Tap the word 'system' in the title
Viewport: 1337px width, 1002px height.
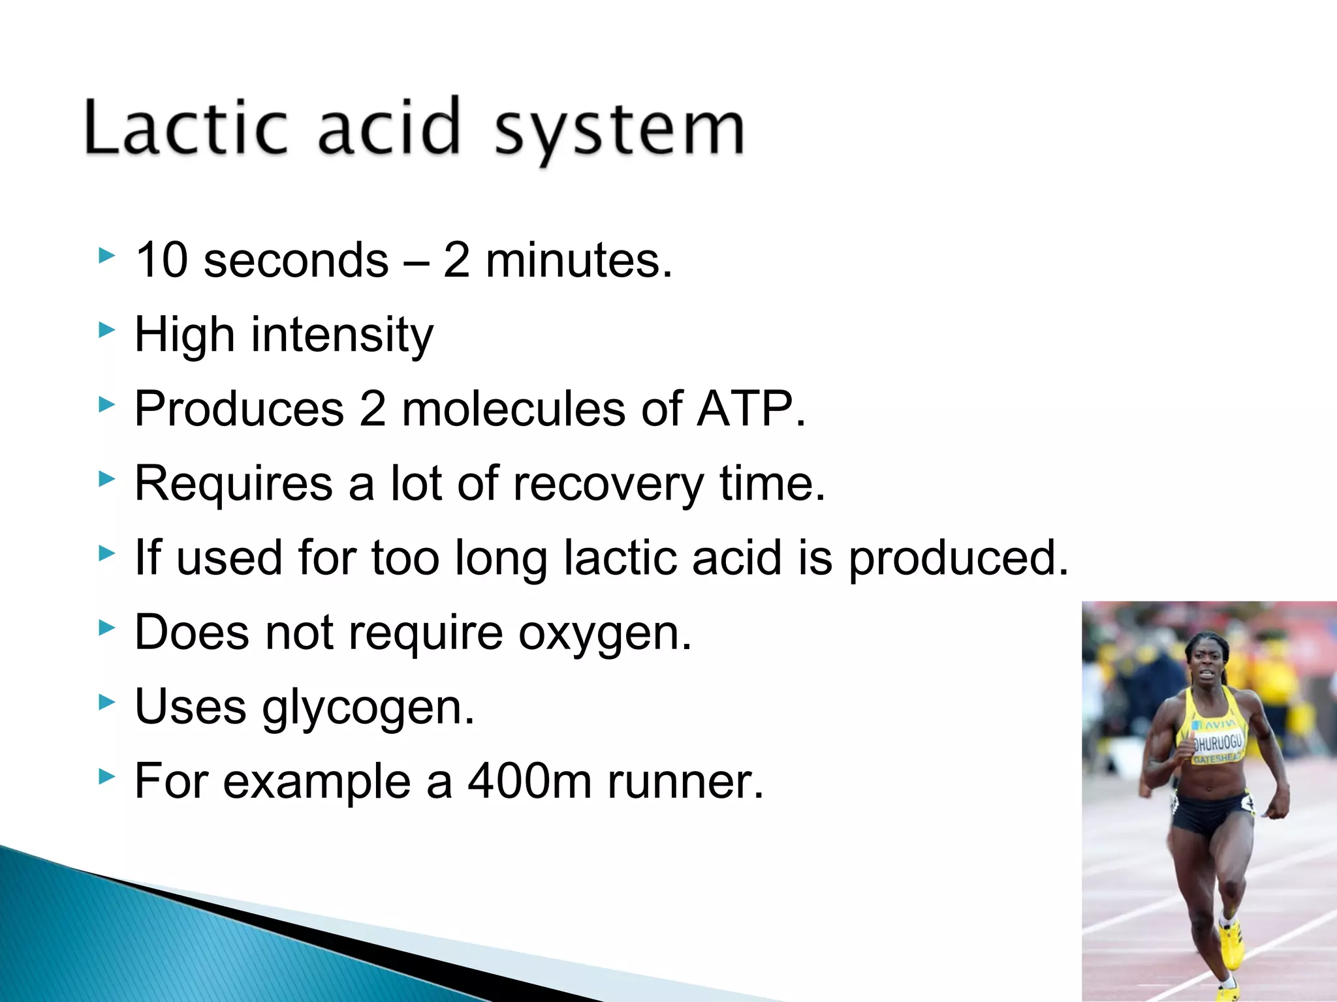619,130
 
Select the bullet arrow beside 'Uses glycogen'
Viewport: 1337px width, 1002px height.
106,703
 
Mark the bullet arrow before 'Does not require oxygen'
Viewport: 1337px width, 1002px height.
106,628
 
